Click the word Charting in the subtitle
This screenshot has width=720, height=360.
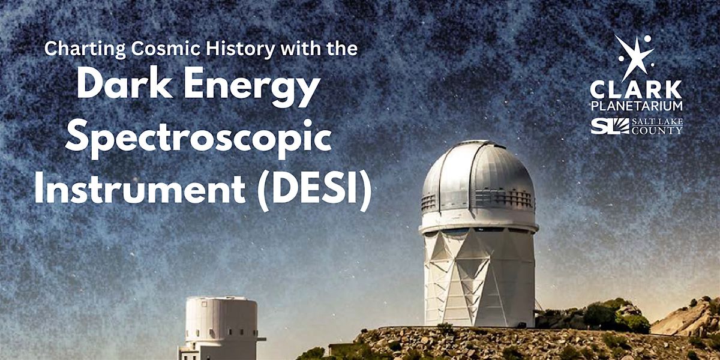[x=85, y=49]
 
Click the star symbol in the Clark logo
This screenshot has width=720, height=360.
[x=635, y=57]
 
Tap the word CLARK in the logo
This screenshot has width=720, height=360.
[x=636, y=89]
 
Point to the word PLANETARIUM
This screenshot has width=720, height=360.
[x=637, y=106]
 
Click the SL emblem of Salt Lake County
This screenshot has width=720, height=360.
[x=610, y=126]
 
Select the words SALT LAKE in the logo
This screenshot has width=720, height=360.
[x=657, y=122]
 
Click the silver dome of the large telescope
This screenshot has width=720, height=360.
[x=478, y=176]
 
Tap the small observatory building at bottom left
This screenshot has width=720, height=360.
[x=222, y=328]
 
